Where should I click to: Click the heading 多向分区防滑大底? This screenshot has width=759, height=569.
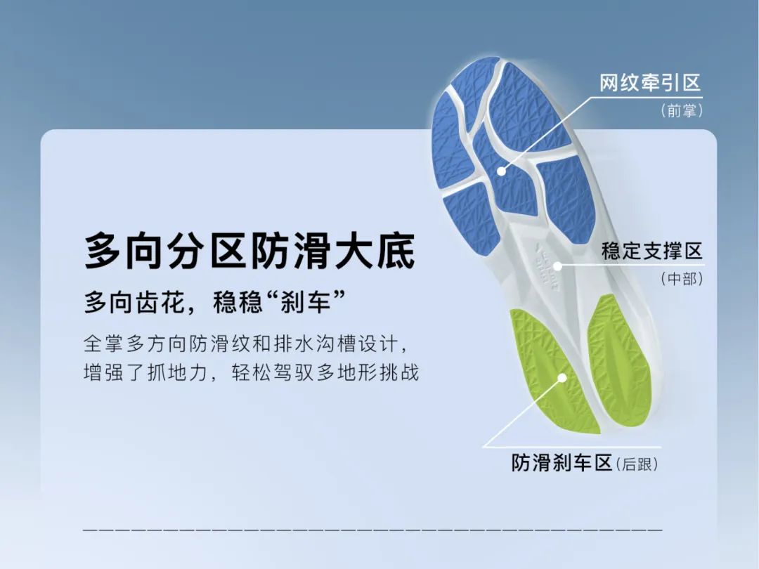tap(249, 251)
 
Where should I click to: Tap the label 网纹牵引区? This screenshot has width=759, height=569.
tap(650, 83)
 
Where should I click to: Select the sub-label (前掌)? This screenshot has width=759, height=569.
tap(682, 111)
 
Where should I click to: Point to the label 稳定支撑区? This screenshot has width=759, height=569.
tap(651, 251)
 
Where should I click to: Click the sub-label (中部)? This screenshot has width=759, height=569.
tap(682, 279)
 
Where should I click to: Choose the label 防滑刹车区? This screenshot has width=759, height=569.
tap(562, 463)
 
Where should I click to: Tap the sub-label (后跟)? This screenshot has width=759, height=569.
tap(637, 464)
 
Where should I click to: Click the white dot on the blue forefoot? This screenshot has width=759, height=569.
tap(502, 171)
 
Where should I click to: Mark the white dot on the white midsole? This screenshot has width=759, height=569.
tap(557, 266)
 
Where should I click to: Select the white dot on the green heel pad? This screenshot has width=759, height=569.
tap(562, 378)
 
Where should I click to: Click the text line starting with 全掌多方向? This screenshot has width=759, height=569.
tap(247, 344)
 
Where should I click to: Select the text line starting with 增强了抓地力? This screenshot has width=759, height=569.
tap(251, 372)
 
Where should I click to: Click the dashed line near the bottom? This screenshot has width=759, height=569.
tap(372, 530)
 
